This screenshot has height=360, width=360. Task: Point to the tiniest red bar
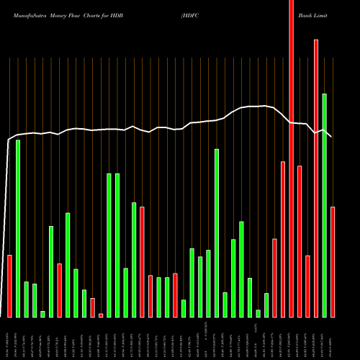101,315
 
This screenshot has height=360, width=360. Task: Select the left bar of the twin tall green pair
109,245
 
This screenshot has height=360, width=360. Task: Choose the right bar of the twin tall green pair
117,245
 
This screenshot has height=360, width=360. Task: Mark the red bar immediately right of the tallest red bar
300,241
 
